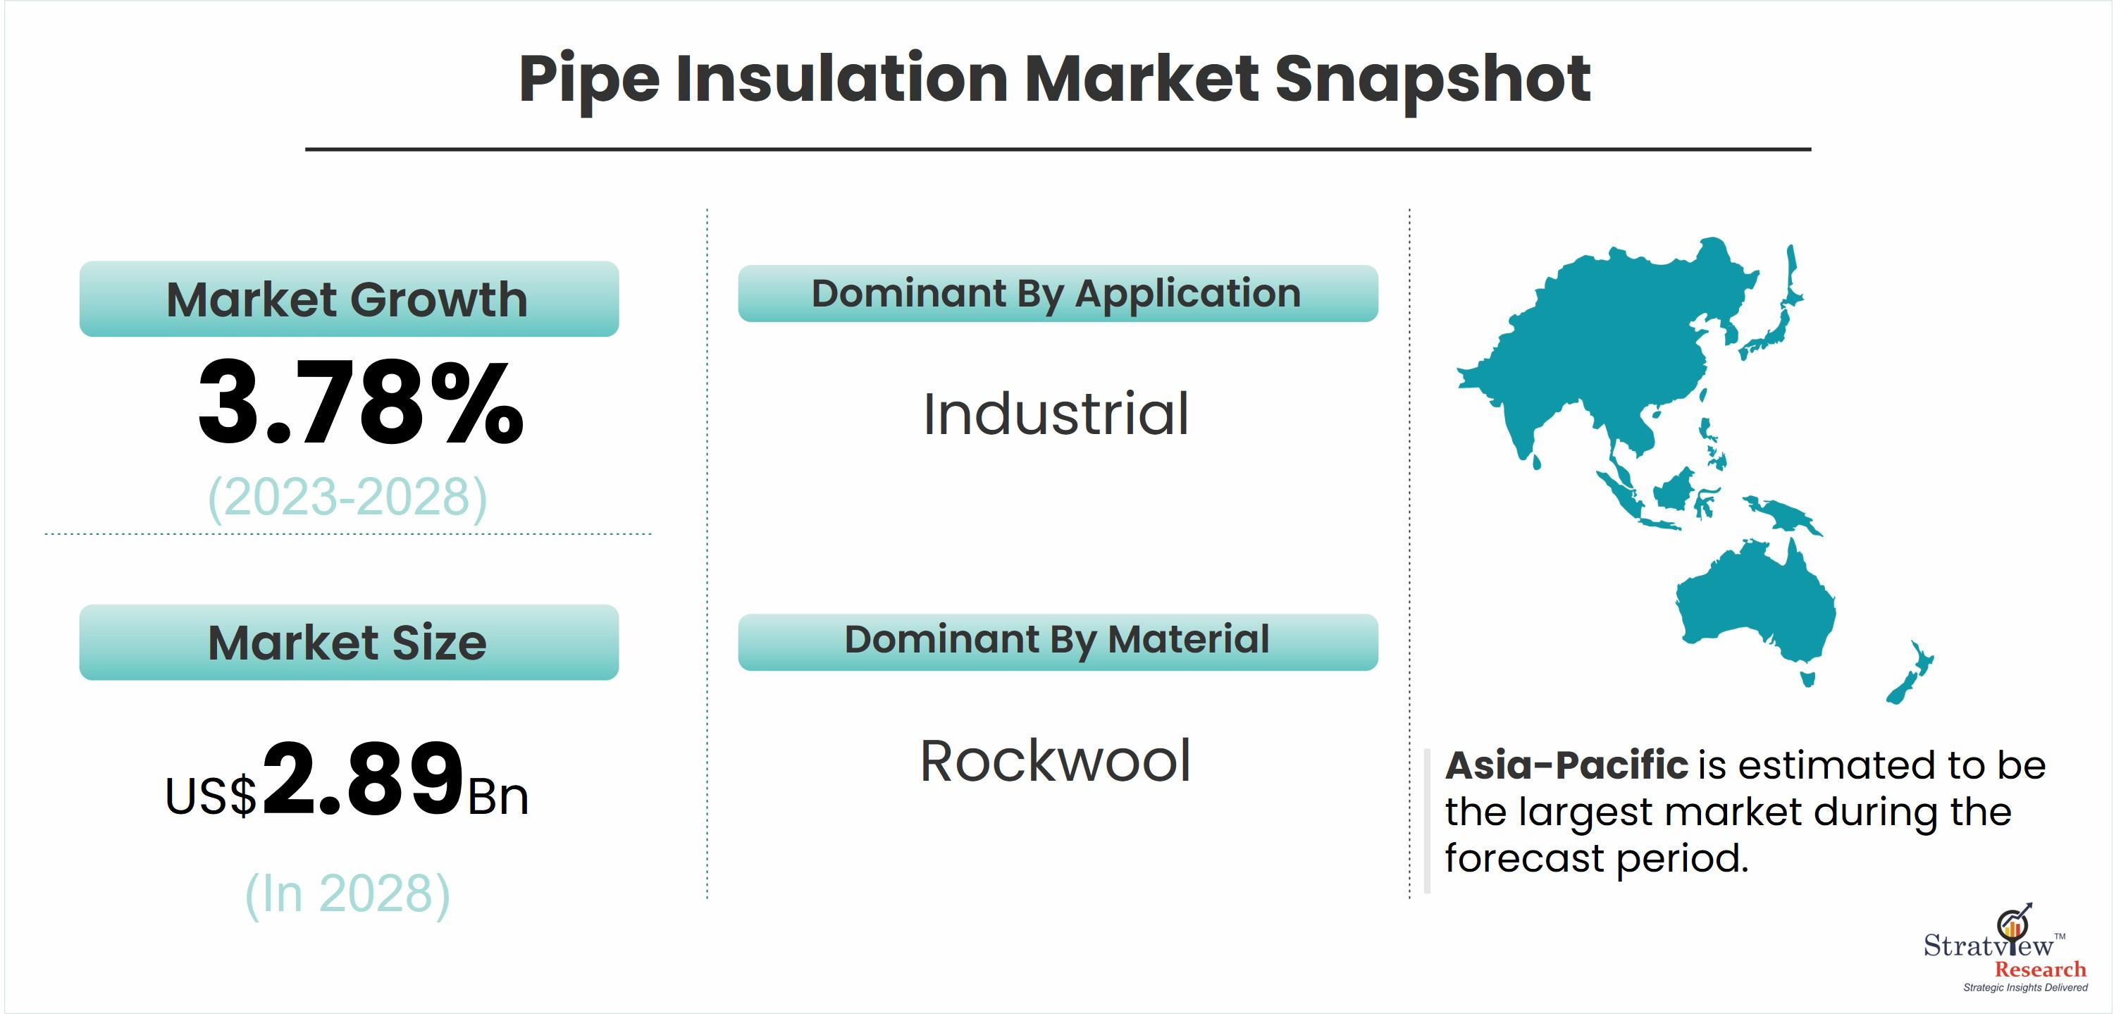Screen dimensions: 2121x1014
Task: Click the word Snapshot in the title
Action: coord(1433,80)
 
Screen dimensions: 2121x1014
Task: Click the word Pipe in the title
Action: coord(588,80)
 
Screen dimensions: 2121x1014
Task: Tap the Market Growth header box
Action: coord(349,299)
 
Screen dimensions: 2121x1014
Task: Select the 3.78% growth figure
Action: coord(361,403)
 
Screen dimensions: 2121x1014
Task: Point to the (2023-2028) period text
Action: coord(347,497)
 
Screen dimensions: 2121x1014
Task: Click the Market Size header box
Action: coord(349,642)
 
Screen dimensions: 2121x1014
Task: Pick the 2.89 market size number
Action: coord(362,778)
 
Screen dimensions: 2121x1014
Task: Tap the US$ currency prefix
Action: coord(211,796)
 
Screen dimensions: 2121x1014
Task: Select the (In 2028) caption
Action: coord(347,894)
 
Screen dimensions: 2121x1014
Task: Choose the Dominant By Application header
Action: coord(1058,294)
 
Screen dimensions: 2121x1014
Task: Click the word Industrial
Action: coord(1056,414)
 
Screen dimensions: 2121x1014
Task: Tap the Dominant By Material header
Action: coord(1058,642)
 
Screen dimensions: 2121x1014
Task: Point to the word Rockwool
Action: coord(1056,761)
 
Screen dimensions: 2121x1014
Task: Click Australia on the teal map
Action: coord(1758,605)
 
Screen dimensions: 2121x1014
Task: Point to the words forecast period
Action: coord(1597,858)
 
